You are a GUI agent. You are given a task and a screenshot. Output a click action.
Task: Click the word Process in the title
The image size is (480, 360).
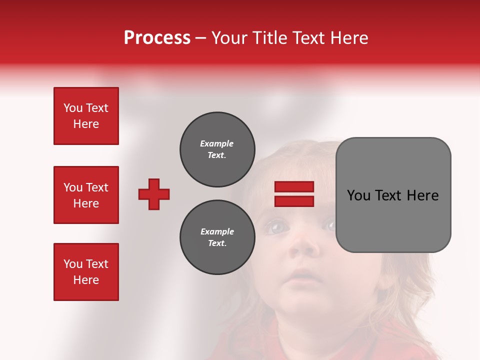[x=157, y=38]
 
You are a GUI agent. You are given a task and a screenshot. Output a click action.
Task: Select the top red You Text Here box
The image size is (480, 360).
[x=86, y=116]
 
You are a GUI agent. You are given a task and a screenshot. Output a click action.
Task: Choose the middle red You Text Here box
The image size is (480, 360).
[x=86, y=195]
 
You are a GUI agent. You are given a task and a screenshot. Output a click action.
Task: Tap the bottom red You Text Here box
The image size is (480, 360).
[x=86, y=272]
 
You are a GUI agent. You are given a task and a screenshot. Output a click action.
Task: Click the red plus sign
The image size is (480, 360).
[x=154, y=194]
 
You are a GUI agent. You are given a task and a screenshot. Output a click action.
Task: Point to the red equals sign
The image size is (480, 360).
[x=294, y=194]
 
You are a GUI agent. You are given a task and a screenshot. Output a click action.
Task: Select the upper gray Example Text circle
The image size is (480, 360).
[x=217, y=149]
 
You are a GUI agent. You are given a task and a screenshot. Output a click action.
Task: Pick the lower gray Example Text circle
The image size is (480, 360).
[x=217, y=237]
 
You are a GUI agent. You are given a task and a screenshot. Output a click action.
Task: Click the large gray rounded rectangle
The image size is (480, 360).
[x=393, y=195]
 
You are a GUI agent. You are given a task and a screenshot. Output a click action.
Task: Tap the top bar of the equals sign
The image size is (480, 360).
[x=294, y=187]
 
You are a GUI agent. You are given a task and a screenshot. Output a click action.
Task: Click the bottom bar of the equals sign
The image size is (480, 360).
[x=294, y=201]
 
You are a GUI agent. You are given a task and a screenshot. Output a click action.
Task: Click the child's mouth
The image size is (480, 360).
[x=303, y=275]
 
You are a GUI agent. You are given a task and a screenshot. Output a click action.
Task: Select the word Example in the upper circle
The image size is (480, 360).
[x=217, y=143]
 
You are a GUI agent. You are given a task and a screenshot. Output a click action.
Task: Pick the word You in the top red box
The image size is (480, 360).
[x=72, y=108]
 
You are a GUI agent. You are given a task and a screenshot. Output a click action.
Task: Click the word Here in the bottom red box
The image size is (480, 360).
[x=86, y=280]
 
